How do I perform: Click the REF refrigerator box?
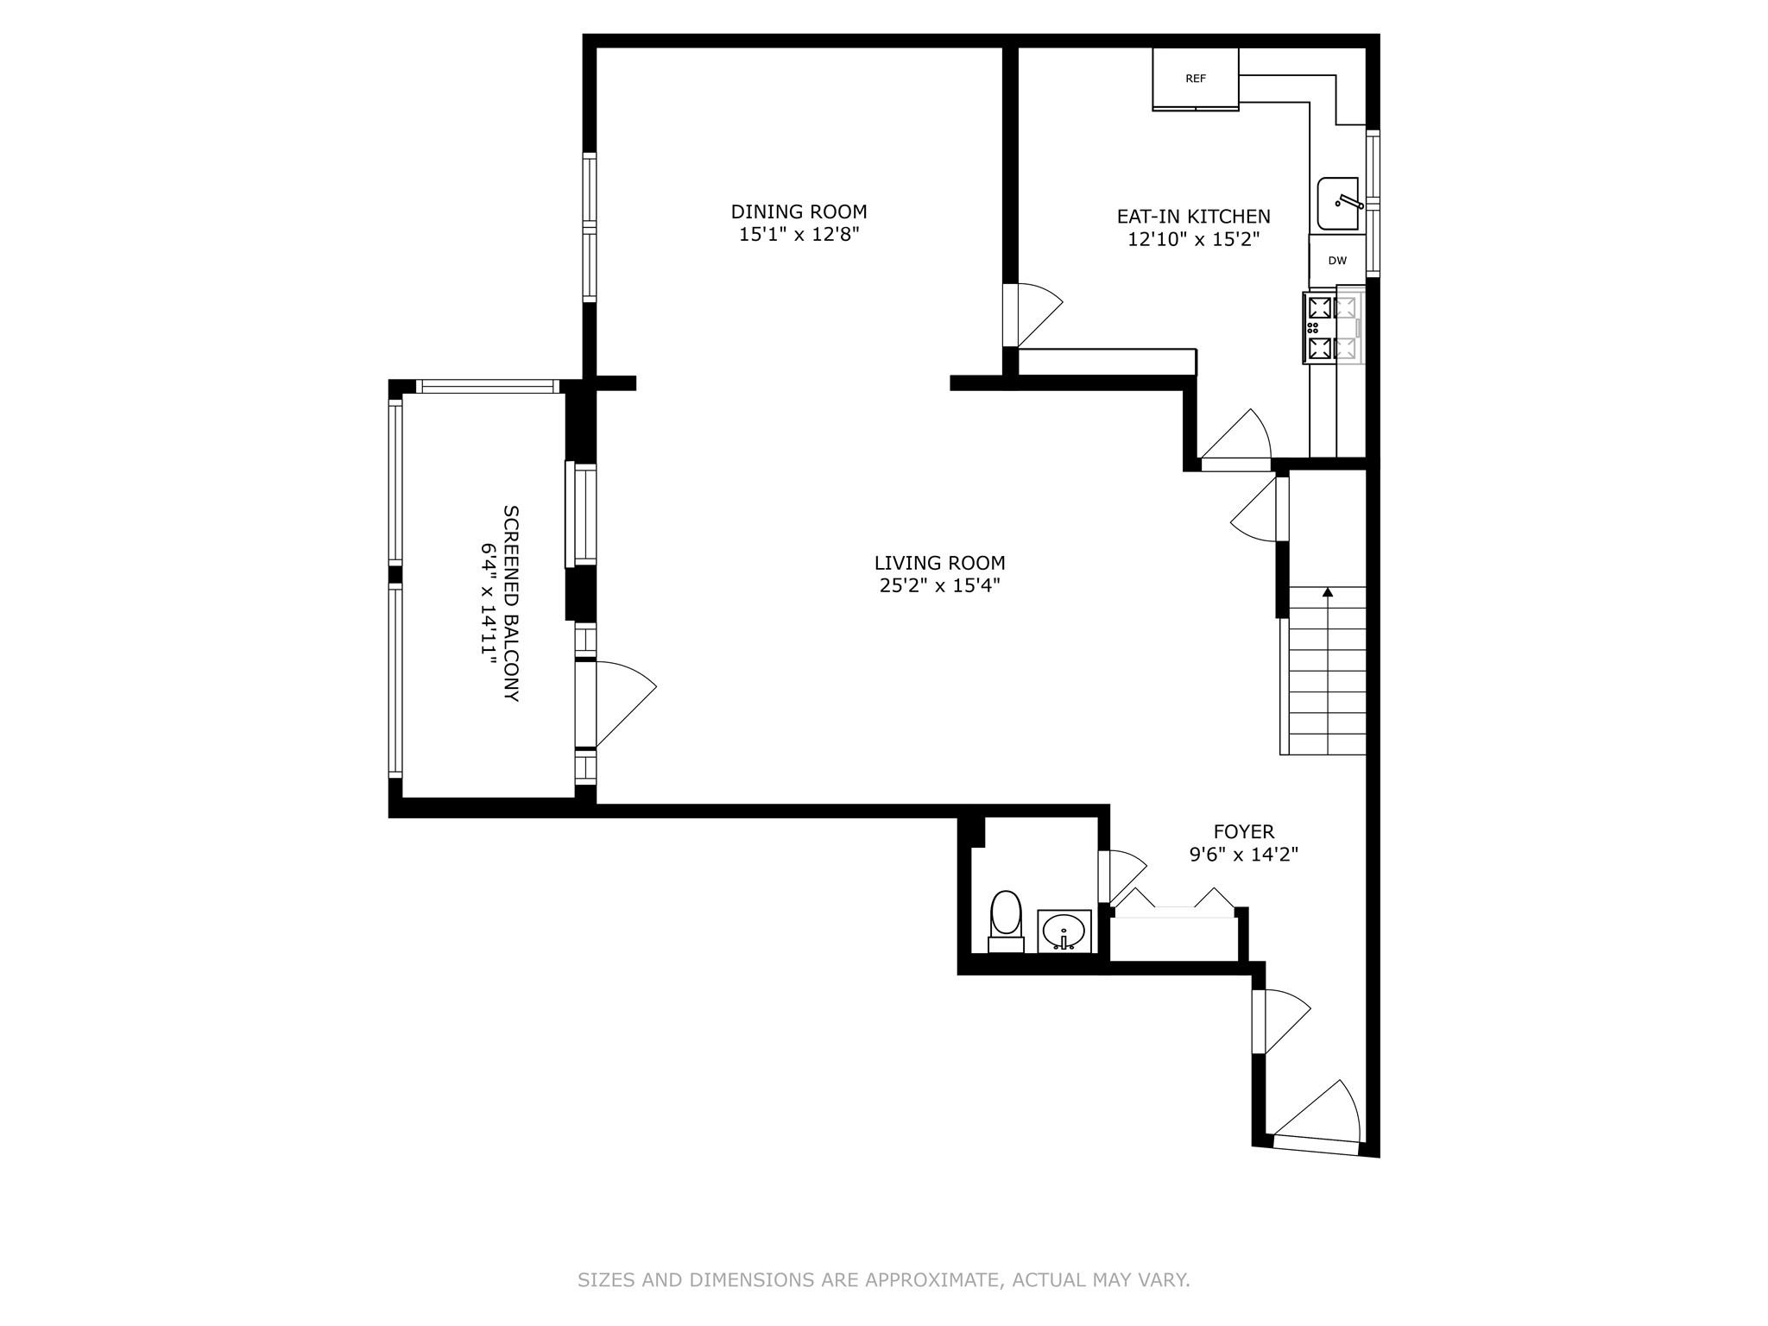pyautogui.click(x=1196, y=79)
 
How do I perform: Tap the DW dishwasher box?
pyautogui.click(x=1336, y=261)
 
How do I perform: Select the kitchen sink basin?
pyautogui.click(x=1337, y=204)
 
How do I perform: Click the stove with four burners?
pyautogui.click(x=1333, y=328)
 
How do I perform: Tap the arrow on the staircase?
pyautogui.click(x=1328, y=592)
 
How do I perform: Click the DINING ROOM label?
pyautogui.click(x=799, y=212)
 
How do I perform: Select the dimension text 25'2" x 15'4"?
pyautogui.click(x=939, y=586)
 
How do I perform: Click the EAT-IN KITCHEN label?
pyautogui.click(x=1193, y=217)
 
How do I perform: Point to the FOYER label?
pyautogui.click(x=1243, y=832)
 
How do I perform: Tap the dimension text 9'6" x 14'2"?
pyautogui.click(x=1243, y=856)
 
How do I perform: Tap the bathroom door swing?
pyautogui.click(x=1122, y=876)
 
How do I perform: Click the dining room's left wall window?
pyautogui.click(x=590, y=228)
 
